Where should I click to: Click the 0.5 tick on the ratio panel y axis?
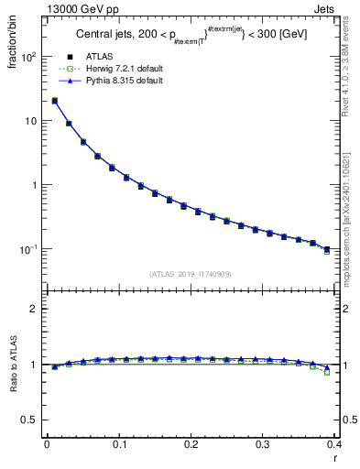point(32,420)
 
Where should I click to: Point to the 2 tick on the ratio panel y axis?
point(36,309)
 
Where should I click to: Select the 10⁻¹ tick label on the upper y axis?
point(30,249)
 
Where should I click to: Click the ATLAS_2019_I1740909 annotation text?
point(190,274)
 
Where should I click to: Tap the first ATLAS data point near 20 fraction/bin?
point(54,101)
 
